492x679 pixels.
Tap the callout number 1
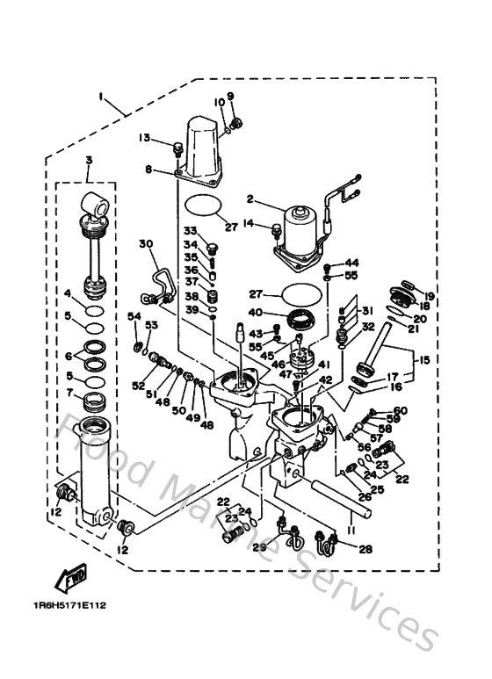coord(101,94)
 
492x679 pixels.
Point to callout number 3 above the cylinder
coord(89,159)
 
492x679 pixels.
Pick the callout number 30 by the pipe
coord(146,243)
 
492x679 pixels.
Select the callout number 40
coord(255,311)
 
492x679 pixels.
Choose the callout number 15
coord(424,360)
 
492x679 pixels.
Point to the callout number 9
coord(231,96)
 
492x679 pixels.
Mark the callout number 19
coord(430,295)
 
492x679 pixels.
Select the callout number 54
coord(134,316)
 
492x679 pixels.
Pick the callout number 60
coord(401,411)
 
